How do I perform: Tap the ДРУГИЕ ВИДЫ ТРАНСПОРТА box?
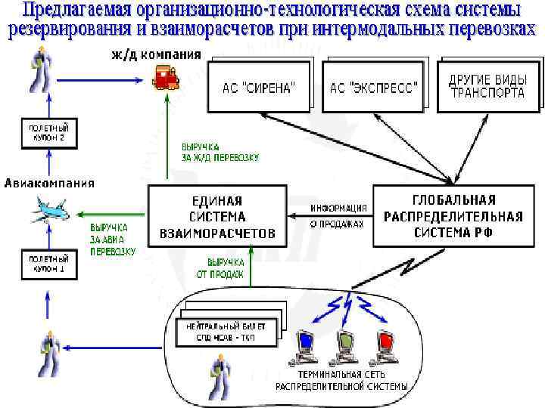click(487, 86)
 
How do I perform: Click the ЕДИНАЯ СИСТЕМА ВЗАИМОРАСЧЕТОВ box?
click(217, 217)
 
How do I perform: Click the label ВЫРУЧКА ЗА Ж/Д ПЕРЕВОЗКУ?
click(220, 152)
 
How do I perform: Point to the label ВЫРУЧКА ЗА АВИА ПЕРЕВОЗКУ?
click(113, 240)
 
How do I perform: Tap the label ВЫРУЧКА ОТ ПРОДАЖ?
click(225, 269)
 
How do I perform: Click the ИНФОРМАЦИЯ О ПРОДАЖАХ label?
click(338, 216)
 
